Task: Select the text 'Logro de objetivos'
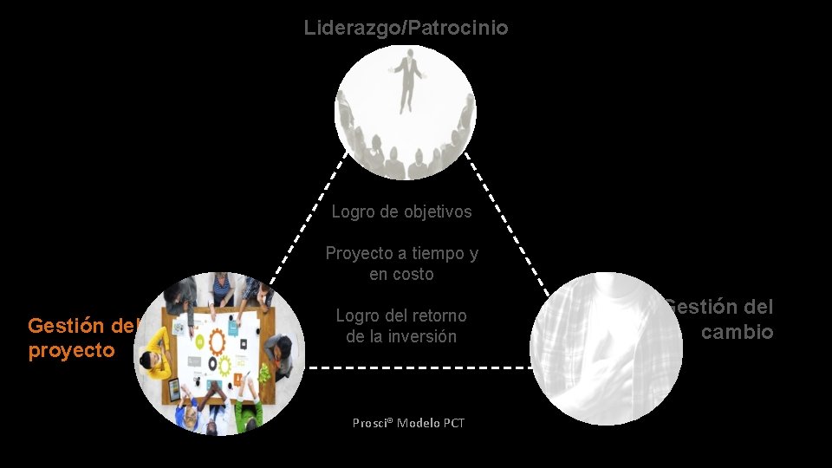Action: coord(401,211)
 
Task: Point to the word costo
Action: coord(413,274)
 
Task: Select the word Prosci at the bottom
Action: coord(372,423)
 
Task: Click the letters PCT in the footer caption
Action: coord(453,423)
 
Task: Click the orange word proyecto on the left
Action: coord(71,351)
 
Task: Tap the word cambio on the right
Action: coord(737,332)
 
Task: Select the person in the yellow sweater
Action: coord(156,363)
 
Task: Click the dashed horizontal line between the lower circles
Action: coord(419,367)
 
